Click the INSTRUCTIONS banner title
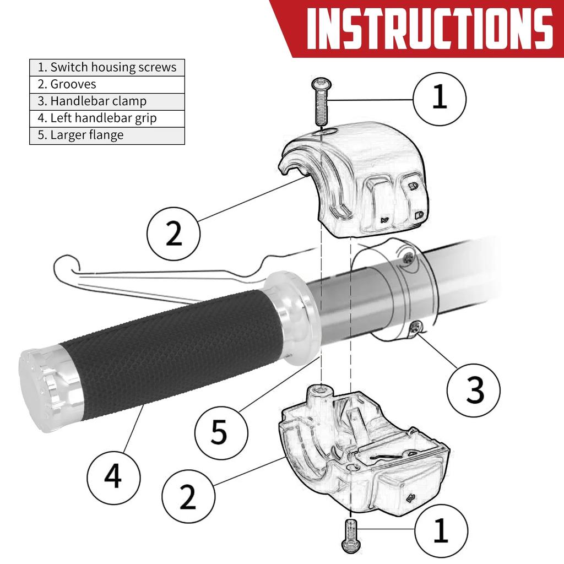(430, 28)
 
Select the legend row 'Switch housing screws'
(107, 68)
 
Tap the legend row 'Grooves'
(107, 84)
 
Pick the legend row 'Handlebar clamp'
(107, 101)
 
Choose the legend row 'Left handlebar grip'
(107, 118)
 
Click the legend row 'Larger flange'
(107, 135)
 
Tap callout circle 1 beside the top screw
(440, 99)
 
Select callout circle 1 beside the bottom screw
(441, 531)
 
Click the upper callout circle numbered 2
(173, 234)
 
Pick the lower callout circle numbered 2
(188, 497)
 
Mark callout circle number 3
(473, 391)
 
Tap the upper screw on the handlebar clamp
(408, 257)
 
